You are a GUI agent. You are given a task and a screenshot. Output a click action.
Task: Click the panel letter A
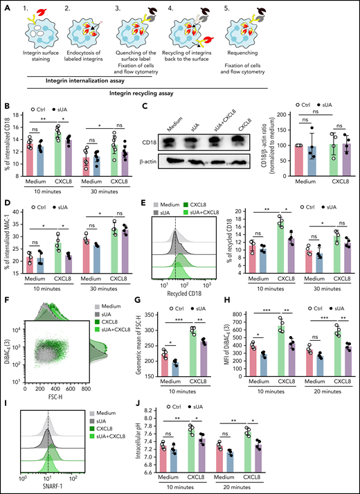5,5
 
